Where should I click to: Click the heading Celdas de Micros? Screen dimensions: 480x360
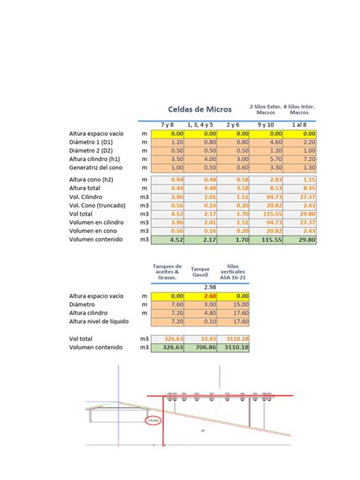[x=201, y=109]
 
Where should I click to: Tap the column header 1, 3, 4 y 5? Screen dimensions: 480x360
[x=200, y=124]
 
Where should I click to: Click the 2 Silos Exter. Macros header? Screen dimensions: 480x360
[x=265, y=109]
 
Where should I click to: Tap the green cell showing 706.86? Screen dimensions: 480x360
[x=202, y=347]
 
